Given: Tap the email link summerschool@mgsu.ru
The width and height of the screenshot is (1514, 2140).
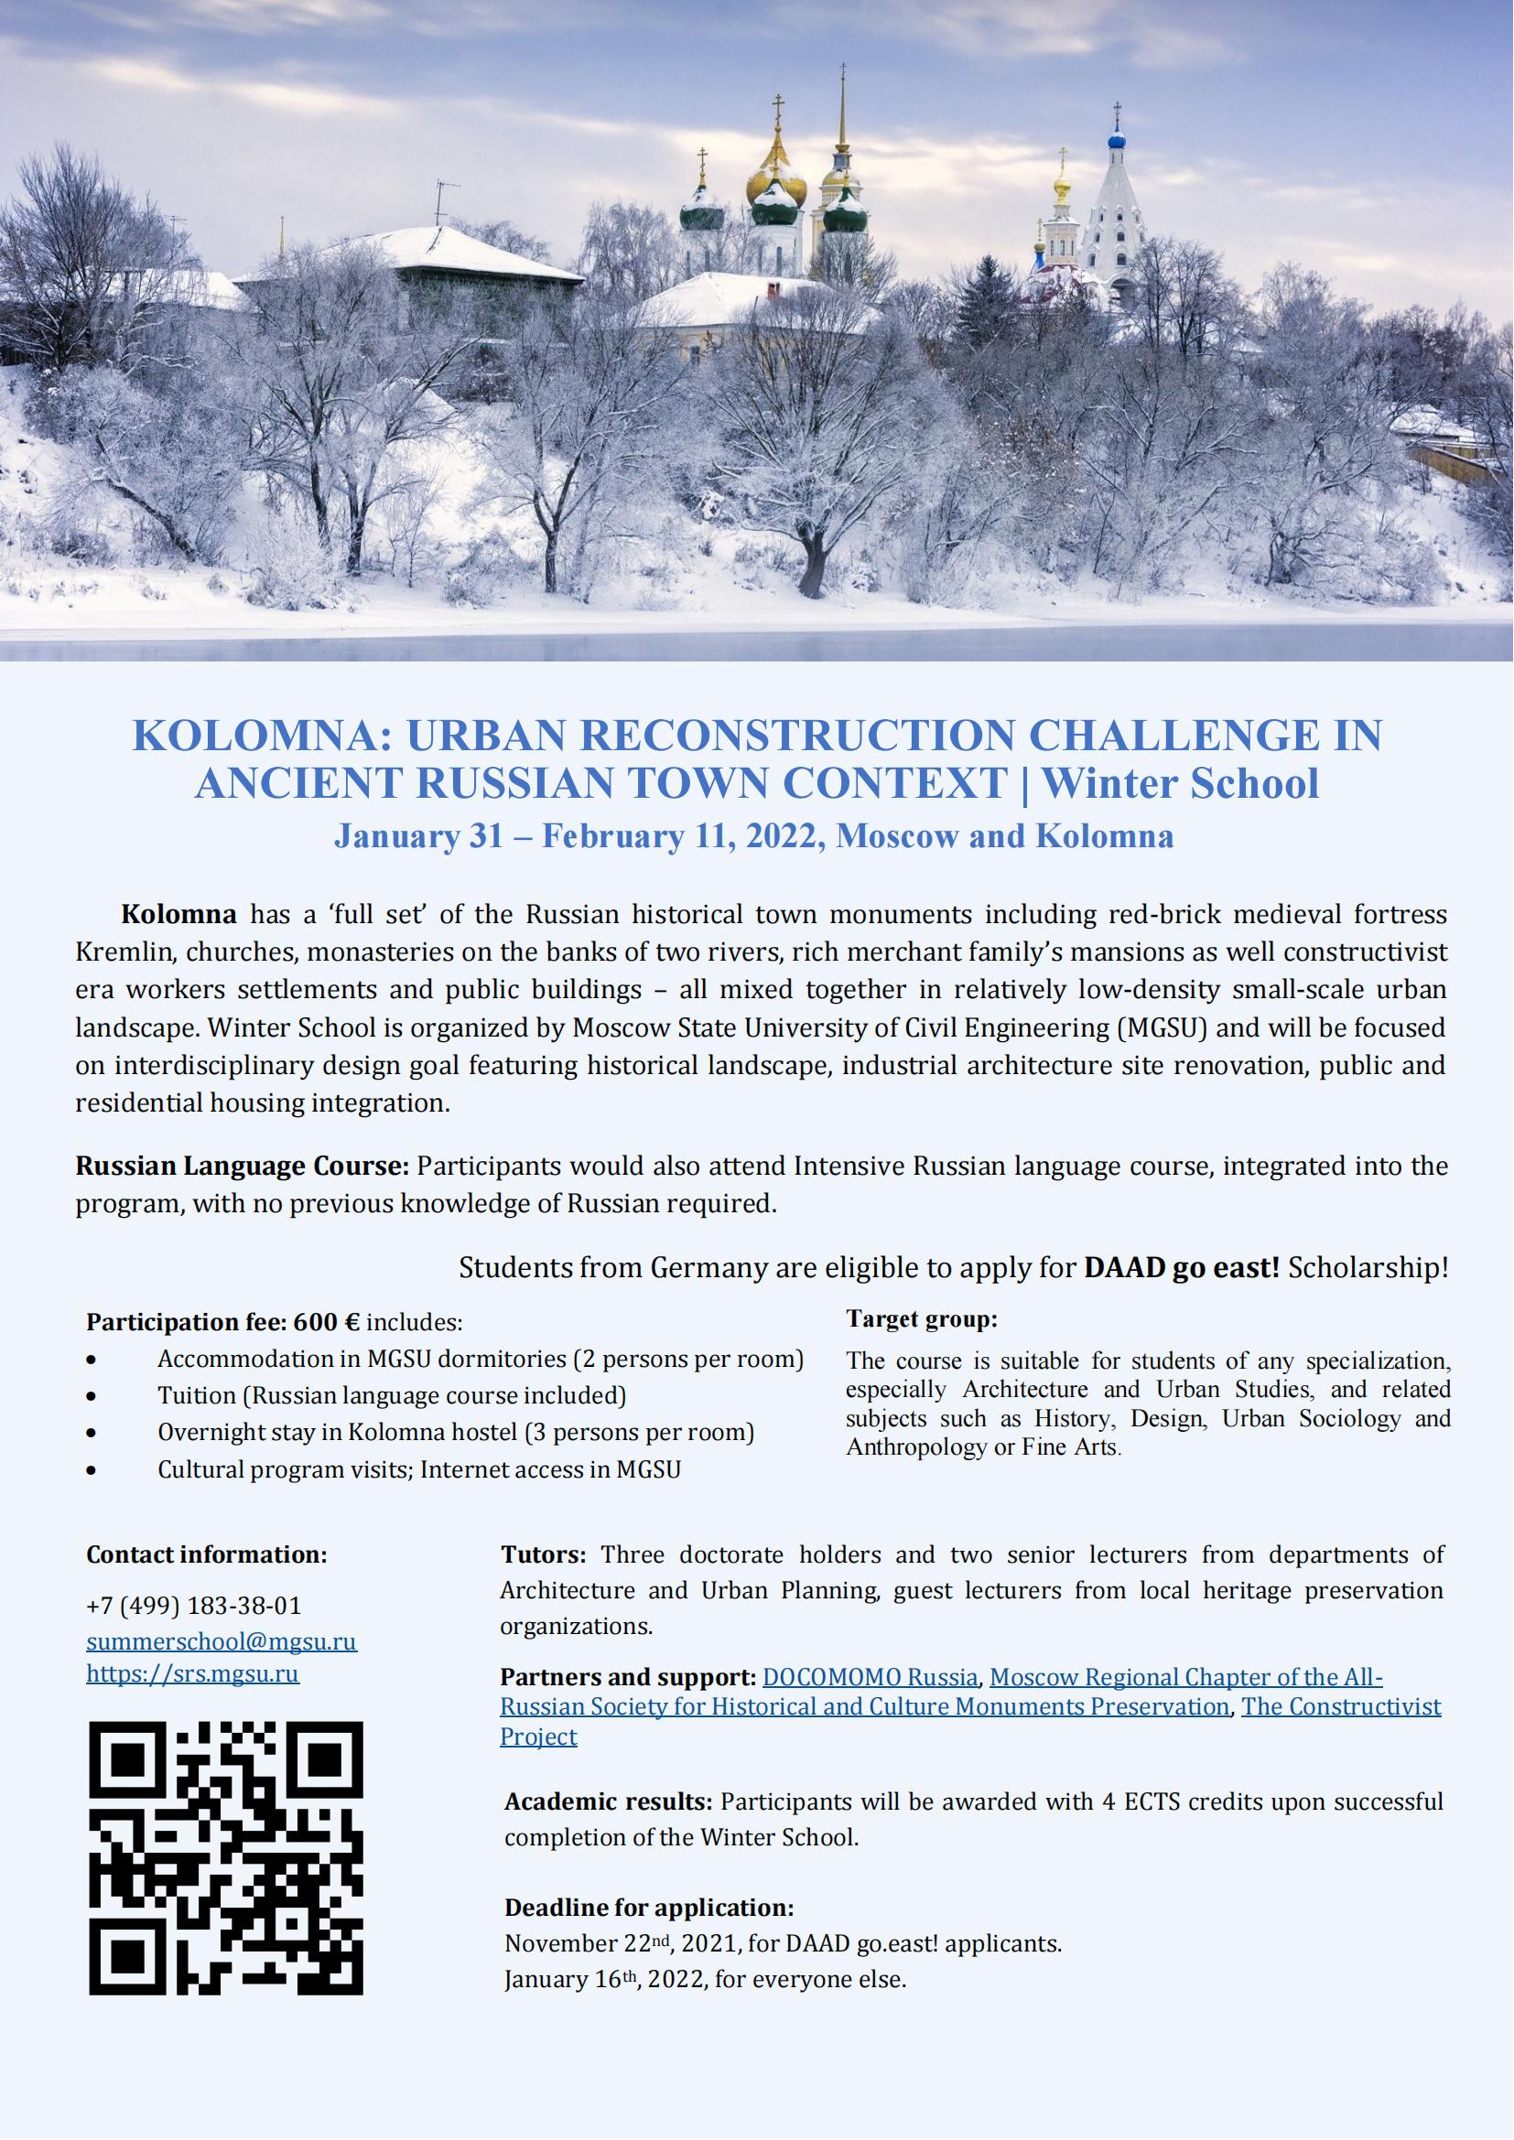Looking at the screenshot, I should coord(221,1640).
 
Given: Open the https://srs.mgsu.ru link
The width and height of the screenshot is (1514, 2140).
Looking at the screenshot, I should coord(192,1673).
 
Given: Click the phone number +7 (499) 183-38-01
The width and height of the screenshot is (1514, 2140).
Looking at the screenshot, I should coord(194,1606).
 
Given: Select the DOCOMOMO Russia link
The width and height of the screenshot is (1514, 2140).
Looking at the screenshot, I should coord(870,1678).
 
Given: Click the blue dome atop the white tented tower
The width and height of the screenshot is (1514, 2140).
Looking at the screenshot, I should coord(1117,141).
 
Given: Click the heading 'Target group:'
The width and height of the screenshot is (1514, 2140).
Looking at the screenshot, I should coord(921,1319).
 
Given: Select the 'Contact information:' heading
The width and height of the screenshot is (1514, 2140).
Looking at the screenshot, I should coord(206,1554).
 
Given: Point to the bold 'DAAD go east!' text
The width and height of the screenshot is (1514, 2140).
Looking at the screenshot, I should coord(1181,1268).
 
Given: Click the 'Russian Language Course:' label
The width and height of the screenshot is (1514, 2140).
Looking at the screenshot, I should coord(242,1166).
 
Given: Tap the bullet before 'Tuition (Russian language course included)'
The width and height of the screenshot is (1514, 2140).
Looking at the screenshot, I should coord(91,1396).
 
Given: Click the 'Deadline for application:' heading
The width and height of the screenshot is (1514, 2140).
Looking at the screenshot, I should coord(649,1907).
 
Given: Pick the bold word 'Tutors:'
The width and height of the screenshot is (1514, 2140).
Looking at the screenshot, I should coord(543,1554).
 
